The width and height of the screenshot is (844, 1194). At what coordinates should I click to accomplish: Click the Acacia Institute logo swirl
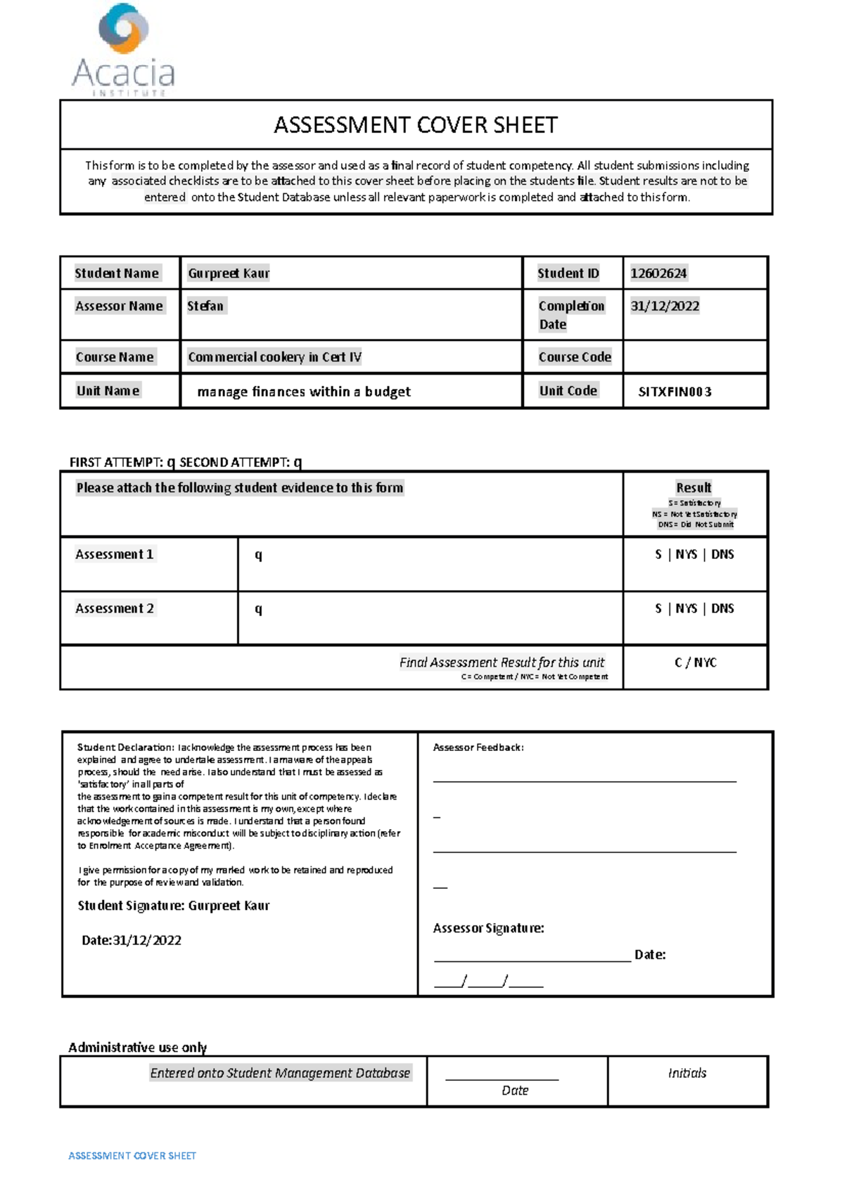[x=124, y=29]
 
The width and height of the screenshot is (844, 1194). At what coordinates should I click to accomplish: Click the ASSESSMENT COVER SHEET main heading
[x=416, y=125]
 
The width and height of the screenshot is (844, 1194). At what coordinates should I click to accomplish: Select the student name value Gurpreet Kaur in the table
[x=229, y=274]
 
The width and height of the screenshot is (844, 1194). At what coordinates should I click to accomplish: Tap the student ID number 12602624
[x=658, y=274]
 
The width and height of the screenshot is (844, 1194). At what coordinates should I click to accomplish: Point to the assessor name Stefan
[x=205, y=306]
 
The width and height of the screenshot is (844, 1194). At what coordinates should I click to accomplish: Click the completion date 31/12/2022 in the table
[x=665, y=306]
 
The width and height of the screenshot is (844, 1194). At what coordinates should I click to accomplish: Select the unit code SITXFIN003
[x=674, y=392]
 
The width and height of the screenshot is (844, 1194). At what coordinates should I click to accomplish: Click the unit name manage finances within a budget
[x=304, y=392]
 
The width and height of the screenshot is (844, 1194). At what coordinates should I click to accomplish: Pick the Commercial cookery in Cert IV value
[x=274, y=357]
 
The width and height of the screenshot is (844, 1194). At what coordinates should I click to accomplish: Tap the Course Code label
[x=575, y=357]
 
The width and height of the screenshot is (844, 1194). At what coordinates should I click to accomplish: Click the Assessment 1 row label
[x=114, y=555]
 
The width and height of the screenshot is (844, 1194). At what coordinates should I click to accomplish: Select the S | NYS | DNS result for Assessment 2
[x=694, y=609]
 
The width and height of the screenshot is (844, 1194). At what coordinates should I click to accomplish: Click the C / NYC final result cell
[x=695, y=663]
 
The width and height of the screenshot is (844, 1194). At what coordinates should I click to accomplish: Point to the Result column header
[x=693, y=488]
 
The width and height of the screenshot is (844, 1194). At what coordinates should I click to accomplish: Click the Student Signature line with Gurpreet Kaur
[x=174, y=906]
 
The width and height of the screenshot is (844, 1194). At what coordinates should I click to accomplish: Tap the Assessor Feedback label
[x=478, y=747]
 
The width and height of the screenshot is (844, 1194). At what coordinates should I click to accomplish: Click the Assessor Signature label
[x=488, y=928]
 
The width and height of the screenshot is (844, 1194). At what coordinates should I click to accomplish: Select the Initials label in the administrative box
[x=686, y=1073]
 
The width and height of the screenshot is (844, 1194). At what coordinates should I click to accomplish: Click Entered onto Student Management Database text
[x=280, y=1073]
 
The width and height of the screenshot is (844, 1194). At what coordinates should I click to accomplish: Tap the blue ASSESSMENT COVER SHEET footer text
[x=132, y=1155]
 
